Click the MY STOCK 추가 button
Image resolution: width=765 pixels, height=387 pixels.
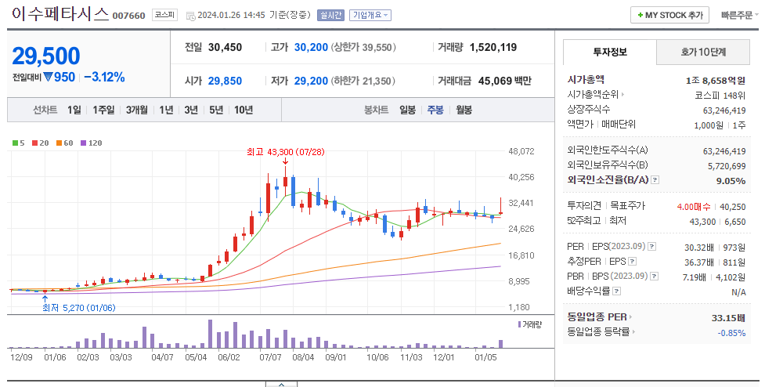coord(670,15)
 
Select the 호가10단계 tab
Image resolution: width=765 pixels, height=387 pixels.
coord(702,52)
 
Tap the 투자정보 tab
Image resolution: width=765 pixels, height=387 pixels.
coord(610,52)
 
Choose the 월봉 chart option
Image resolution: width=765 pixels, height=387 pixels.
coord(464,110)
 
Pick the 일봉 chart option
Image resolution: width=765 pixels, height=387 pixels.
coord(407,110)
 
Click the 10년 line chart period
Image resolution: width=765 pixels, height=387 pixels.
coord(243,110)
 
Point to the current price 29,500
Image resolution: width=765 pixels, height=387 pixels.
coord(46,56)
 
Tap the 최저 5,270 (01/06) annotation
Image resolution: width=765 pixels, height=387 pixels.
coord(79,308)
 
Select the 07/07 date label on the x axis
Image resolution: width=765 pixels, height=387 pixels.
coord(270,357)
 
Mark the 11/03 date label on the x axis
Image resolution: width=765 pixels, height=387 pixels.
coord(411,357)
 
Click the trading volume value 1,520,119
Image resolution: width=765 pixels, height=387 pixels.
coord(493,47)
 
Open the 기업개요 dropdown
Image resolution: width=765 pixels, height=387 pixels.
coord(370,15)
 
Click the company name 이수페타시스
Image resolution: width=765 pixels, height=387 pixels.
coord(60,14)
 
